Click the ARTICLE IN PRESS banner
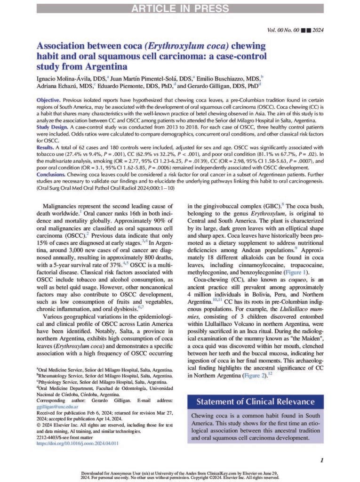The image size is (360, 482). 180,8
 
